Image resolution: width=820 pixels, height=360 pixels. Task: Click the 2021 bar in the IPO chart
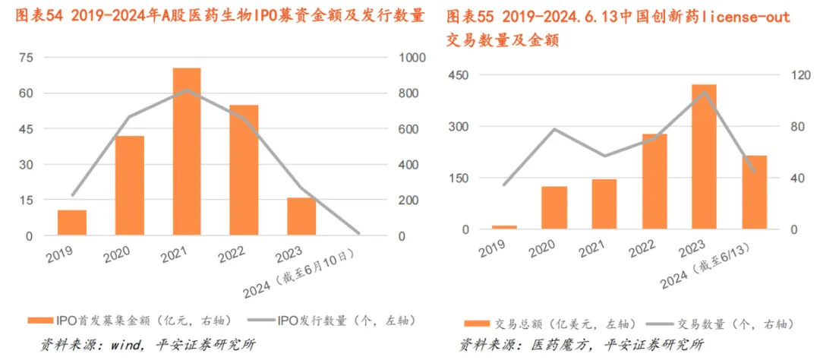pyautogui.click(x=186, y=152)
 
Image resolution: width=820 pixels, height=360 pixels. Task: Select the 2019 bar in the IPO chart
pyautogui.click(x=72, y=223)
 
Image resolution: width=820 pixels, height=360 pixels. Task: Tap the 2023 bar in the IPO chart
pyautogui.click(x=301, y=216)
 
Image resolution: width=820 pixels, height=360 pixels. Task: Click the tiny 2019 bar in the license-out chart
pyautogui.click(x=504, y=226)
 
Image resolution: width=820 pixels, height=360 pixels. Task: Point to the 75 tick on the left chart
pyautogui.click(x=26, y=58)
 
